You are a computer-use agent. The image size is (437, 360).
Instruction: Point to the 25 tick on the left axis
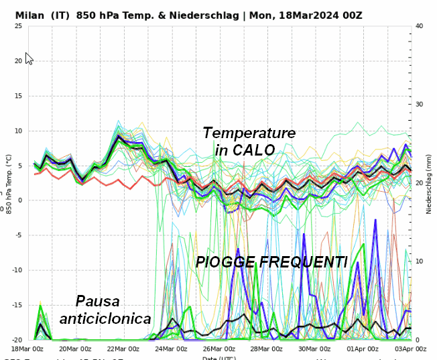17,26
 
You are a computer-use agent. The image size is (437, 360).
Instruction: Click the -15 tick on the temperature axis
16,305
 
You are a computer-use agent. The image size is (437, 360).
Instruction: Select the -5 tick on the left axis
18,235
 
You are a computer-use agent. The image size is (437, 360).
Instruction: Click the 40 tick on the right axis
420,26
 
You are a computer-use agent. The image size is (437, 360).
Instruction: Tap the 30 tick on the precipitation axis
420,105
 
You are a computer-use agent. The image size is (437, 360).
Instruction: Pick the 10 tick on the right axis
420,261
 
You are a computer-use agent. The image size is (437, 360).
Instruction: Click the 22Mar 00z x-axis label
123,349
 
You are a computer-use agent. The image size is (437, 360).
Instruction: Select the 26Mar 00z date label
219,349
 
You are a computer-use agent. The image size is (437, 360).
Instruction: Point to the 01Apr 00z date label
363,349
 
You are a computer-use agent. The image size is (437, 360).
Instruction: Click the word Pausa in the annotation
99,301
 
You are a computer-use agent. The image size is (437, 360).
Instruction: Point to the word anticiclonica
105,318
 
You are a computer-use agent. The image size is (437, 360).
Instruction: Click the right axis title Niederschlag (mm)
429,182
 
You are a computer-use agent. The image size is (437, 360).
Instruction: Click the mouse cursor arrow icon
28,58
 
